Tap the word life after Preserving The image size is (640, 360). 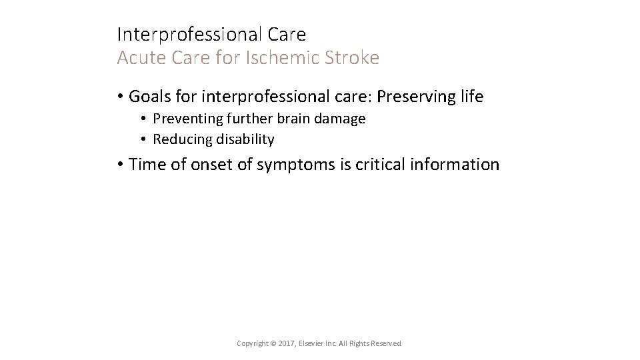(471, 97)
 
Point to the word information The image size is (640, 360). (460, 164)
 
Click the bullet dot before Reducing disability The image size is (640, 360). (143, 139)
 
